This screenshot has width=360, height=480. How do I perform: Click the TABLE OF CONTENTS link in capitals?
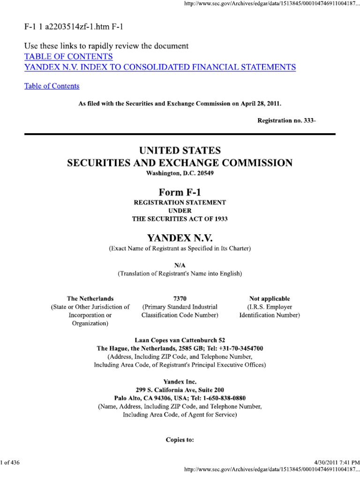pyautogui.click(x=68, y=57)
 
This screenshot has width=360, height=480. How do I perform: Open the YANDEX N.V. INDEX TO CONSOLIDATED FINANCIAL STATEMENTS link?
pyautogui.click(x=160, y=67)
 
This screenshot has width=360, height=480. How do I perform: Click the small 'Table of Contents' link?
pyautogui.click(x=52, y=86)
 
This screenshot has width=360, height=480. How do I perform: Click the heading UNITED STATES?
pyautogui.click(x=180, y=151)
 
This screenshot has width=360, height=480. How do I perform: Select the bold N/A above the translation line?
pyautogui.click(x=180, y=265)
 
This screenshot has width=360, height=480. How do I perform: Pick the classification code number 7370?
pyautogui.click(x=180, y=299)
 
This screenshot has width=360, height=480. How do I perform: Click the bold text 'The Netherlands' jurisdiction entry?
pyautogui.click(x=90, y=299)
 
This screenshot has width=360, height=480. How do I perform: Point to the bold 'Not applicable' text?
pyautogui.click(x=270, y=299)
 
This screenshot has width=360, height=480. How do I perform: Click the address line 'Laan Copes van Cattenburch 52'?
pyautogui.click(x=180, y=340)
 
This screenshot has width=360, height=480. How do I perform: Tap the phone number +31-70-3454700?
pyautogui.click(x=241, y=348)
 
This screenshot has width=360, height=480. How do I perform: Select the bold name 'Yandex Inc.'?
pyautogui.click(x=180, y=382)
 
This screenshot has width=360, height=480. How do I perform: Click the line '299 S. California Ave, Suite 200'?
pyautogui.click(x=180, y=390)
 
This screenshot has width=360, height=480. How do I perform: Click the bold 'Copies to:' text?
pyautogui.click(x=180, y=440)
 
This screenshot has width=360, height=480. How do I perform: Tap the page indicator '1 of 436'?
pyautogui.click(x=10, y=463)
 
